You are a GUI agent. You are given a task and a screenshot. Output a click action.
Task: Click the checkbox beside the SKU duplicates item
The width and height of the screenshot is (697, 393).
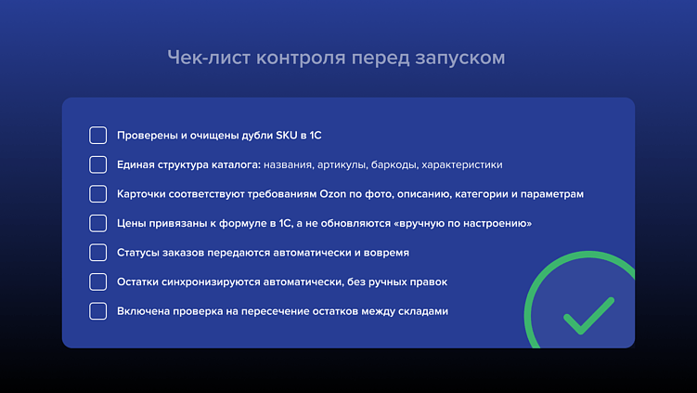click(x=98, y=136)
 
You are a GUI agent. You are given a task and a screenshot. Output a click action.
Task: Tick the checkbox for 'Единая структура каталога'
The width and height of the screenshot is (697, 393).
click(x=98, y=164)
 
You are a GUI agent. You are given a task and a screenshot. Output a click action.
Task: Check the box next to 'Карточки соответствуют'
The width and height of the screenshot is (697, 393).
click(x=98, y=194)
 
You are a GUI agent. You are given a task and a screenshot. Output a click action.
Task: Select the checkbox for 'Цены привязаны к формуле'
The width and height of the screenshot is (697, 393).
click(x=98, y=223)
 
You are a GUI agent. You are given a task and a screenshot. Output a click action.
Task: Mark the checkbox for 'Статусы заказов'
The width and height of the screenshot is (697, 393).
click(x=98, y=253)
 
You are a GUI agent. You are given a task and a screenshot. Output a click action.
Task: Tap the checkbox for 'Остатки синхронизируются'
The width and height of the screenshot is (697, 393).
click(x=98, y=282)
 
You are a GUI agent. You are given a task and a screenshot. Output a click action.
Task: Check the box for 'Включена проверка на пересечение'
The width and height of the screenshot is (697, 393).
click(x=98, y=311)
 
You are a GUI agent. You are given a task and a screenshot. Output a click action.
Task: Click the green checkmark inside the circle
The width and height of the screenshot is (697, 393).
click(x=588, y=315)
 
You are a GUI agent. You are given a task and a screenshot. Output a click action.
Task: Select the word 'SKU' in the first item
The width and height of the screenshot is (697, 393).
click(x=287, y=136)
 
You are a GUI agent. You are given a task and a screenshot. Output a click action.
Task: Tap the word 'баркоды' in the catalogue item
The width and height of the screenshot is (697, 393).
click(x=394, y=165)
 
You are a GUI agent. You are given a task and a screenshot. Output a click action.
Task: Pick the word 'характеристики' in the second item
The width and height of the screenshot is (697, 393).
click(x=462, y=165)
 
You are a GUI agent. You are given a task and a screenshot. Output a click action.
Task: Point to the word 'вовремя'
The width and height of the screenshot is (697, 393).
click(x=388, y=253)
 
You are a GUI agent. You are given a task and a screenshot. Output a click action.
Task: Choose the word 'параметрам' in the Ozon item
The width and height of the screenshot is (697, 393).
click(x=552, y=194)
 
